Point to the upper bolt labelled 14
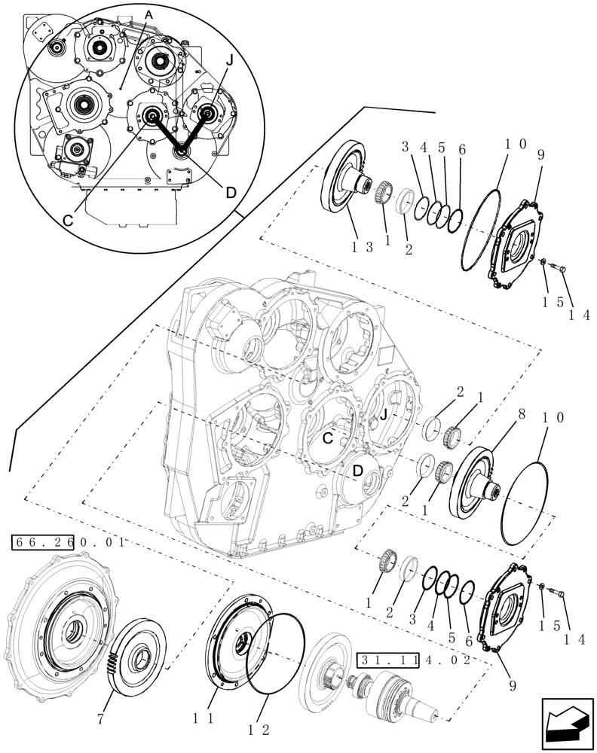[564, 267]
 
